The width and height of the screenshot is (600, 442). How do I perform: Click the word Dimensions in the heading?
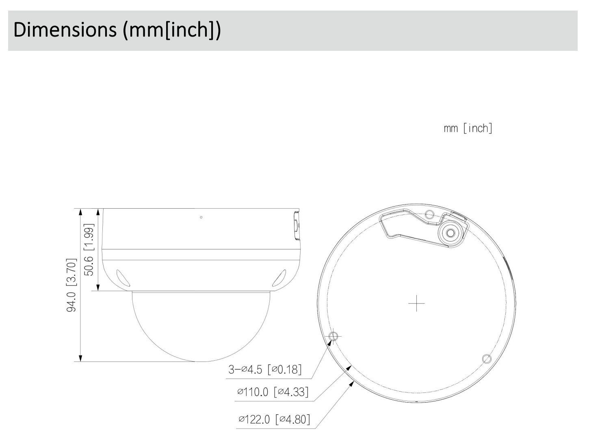[65, 31]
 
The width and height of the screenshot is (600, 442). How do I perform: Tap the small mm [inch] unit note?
[468, 128]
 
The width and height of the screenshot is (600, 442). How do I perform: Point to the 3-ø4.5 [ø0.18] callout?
[265, 369]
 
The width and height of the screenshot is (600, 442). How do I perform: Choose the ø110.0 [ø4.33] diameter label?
[273, 392]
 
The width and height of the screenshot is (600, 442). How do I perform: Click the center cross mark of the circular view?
[416, 304]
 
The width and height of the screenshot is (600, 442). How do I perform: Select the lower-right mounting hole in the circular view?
[486, 359]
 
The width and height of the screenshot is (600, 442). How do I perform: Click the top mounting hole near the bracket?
[429, 214]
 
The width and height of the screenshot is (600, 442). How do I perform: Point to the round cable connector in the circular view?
[450, 233]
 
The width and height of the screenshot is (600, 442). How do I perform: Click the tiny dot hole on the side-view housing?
[201, 217]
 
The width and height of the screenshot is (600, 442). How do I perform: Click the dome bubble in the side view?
[201, 325]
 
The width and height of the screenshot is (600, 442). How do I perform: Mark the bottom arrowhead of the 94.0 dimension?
[80, 358]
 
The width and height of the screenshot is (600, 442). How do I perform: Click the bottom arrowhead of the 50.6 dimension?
[97, 287]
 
